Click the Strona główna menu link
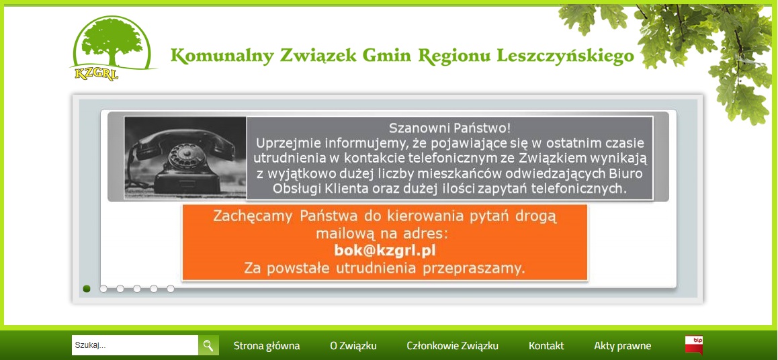[x=267, y=346]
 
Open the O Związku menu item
[x=353, y=346]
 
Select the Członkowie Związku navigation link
[x=453, y=346]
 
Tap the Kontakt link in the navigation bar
[x=546, y=346]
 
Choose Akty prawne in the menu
[x=623, y=346]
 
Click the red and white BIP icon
[x=693, y=345]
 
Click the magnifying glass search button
[x=208, y=345]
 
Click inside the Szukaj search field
[x=135, y=345]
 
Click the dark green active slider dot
[x=87, y=289]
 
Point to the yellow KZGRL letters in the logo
[x=96, y=74]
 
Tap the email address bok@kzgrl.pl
[x=384, y=251]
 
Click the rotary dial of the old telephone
[x=183, y=159]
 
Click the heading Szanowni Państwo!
[x=449, y=128]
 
